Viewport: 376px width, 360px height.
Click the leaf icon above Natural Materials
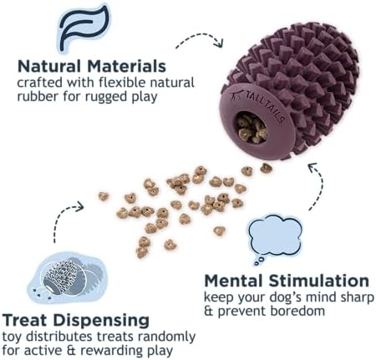84,28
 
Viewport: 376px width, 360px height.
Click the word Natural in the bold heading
49,66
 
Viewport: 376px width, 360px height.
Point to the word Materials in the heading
127,66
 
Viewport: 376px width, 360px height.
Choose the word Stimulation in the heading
319,281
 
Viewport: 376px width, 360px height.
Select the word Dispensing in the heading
101,322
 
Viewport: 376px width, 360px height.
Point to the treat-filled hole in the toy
252,128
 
